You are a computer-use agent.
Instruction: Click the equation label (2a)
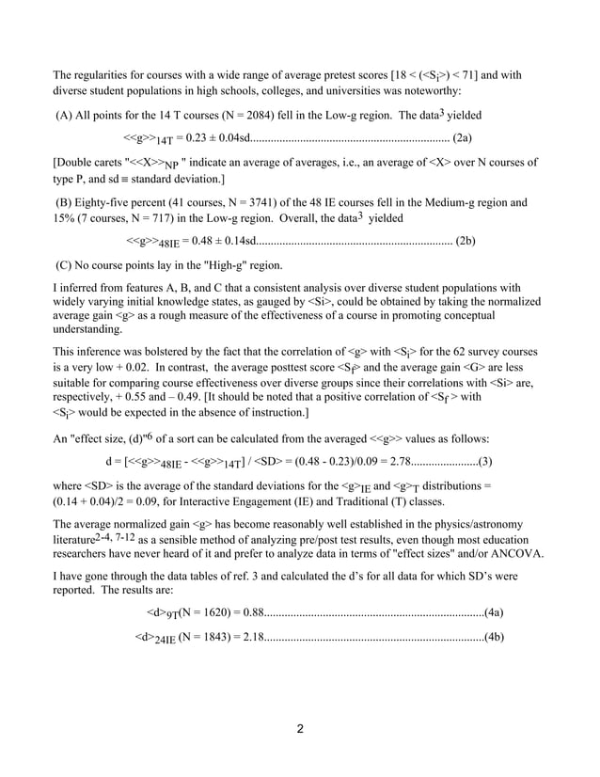pyautogui.click(x=462, y=138)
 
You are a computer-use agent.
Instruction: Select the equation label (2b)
pyautogui.click(x=465, y=240)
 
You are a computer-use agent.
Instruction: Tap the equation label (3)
pyautogui.click(x=488, y=461)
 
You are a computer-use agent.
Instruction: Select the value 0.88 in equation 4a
pyautogui.click(x=251, y=612)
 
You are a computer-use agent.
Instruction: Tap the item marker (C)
pyautogui.click(x=66, y=265)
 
